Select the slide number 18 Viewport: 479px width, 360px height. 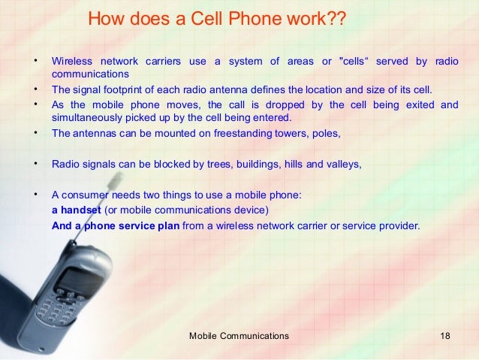pos(446,335)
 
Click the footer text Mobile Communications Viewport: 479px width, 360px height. pos(239,335)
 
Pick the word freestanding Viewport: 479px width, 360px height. pos(253,135)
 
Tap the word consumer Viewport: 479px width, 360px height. pos(84,194)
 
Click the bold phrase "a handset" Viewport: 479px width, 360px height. pos(75,209)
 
